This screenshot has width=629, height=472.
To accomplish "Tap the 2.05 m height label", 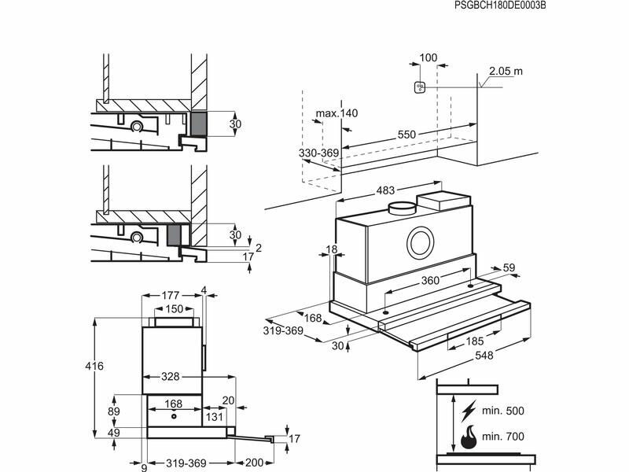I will pos(506,72).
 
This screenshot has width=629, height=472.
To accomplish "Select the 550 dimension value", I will pos(406,135).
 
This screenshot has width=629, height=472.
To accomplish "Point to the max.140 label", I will pos(337,114).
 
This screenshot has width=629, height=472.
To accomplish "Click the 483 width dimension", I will pos(384,190).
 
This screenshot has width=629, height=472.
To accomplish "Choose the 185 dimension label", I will pos(474,341).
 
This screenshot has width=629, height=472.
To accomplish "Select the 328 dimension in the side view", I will pos(171,377).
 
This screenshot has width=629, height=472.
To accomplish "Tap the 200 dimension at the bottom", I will pos(255,463).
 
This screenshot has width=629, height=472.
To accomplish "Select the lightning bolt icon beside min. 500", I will pos(469,411).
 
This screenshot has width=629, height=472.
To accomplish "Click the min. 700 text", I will pos(503,435).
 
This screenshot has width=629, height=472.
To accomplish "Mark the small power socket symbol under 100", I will pos(420,87).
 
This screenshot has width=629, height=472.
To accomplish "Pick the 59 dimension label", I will pos(509,269).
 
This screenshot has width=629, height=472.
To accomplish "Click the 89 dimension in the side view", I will pos(113,411).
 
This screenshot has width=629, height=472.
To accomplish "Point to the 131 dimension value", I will pos(214,417).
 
